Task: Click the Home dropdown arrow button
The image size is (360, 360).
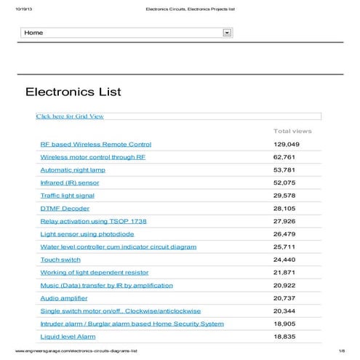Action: pos(227,33)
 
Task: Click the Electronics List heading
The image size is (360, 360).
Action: pos(73,92)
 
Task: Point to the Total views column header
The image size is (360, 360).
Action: pos(292,131)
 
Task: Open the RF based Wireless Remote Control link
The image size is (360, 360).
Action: pos(95,144)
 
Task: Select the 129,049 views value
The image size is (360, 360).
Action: pos(287,144)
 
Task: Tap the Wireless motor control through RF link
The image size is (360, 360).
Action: pos(92,157)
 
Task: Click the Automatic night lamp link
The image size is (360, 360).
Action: pos(73,169)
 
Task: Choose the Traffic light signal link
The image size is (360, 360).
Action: pos(67,196)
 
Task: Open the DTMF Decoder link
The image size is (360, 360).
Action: pos(65,208)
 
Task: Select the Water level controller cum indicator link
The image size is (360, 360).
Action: pos(118,247)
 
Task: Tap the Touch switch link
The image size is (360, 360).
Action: pos(60,260)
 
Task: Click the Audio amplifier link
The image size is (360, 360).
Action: pos(64,298)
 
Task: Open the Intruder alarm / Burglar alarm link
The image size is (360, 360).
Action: pos(132,324)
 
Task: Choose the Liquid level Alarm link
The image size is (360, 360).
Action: pos(68,337)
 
